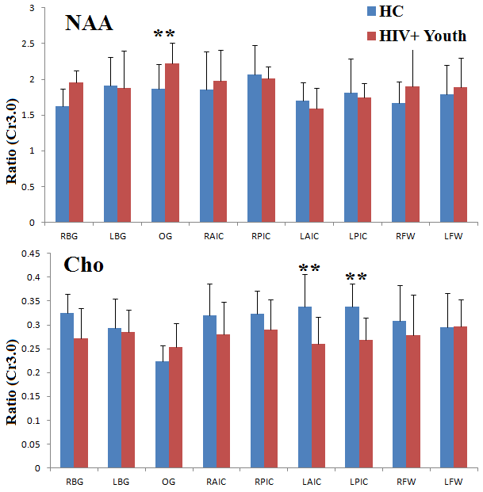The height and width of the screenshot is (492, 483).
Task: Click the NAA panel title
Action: (x=89, y=24)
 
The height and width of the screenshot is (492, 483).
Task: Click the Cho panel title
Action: (x=83, y=265)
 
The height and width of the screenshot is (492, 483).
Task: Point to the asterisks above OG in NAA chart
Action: (x=164, y=33)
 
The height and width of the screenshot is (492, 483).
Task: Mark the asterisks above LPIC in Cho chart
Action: (x=356, y=277)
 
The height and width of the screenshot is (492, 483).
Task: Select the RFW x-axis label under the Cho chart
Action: (x=407, y=481)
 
